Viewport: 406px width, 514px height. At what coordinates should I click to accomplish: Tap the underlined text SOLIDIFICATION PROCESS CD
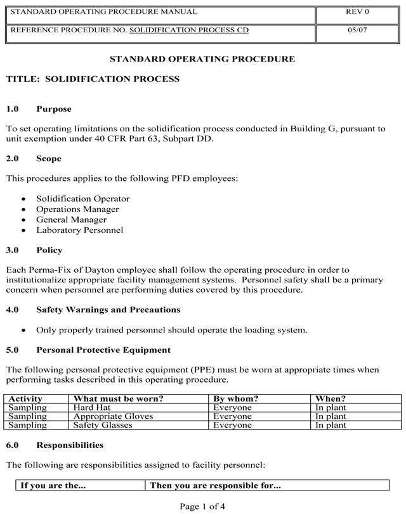pyautogui.click(x=189, y=30)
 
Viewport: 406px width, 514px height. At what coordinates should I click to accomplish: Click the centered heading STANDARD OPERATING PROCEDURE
pyautogui.click(x=202, y=59)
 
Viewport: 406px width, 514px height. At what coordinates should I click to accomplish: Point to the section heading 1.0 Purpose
pyautogui.click(x=39, y=109)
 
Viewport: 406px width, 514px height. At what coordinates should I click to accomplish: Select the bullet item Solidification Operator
pyautogui.click(x=82, y=199)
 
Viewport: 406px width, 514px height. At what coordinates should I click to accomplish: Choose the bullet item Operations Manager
pyautogui.click(x=77, y=209)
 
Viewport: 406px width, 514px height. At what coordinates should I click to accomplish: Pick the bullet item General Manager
pyautogui.click(x=71, y=220)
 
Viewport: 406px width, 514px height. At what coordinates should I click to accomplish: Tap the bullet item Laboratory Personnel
pyautogui.click(x=79, y=230)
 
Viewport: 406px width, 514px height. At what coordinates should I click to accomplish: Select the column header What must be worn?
pyautogui.click(x=119, y=399)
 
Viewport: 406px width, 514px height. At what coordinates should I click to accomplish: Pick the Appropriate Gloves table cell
pyautogui.click(x=114, y=416)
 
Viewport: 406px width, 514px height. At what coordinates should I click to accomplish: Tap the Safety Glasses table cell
pyautogui.click(x=103, y=425)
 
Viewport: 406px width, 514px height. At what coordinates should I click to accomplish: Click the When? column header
pyautogui.click(x=331, y=399)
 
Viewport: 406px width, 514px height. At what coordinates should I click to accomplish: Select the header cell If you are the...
pyautogui.click(x=53, y=485)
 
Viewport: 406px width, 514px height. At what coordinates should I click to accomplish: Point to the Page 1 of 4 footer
pyautogui.click(x=202, y=506)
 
